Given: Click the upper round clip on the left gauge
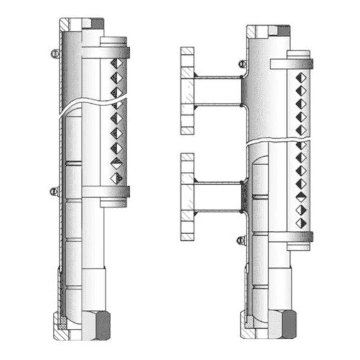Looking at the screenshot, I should click(x=54, y=54).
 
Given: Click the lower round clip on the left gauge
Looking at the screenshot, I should click(x=54, y=191).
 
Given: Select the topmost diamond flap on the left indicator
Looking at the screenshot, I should click(x=116, y=64).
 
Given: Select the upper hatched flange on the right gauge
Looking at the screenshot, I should click(x=187, y=90).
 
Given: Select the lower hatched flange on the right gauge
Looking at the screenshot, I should click(x=187, y=197).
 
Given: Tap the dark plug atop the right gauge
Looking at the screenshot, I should click(x=284, y=31).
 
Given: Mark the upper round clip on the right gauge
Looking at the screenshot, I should click(x=242, y=63).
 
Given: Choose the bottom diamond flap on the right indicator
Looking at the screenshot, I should click(x=301, y=222).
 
